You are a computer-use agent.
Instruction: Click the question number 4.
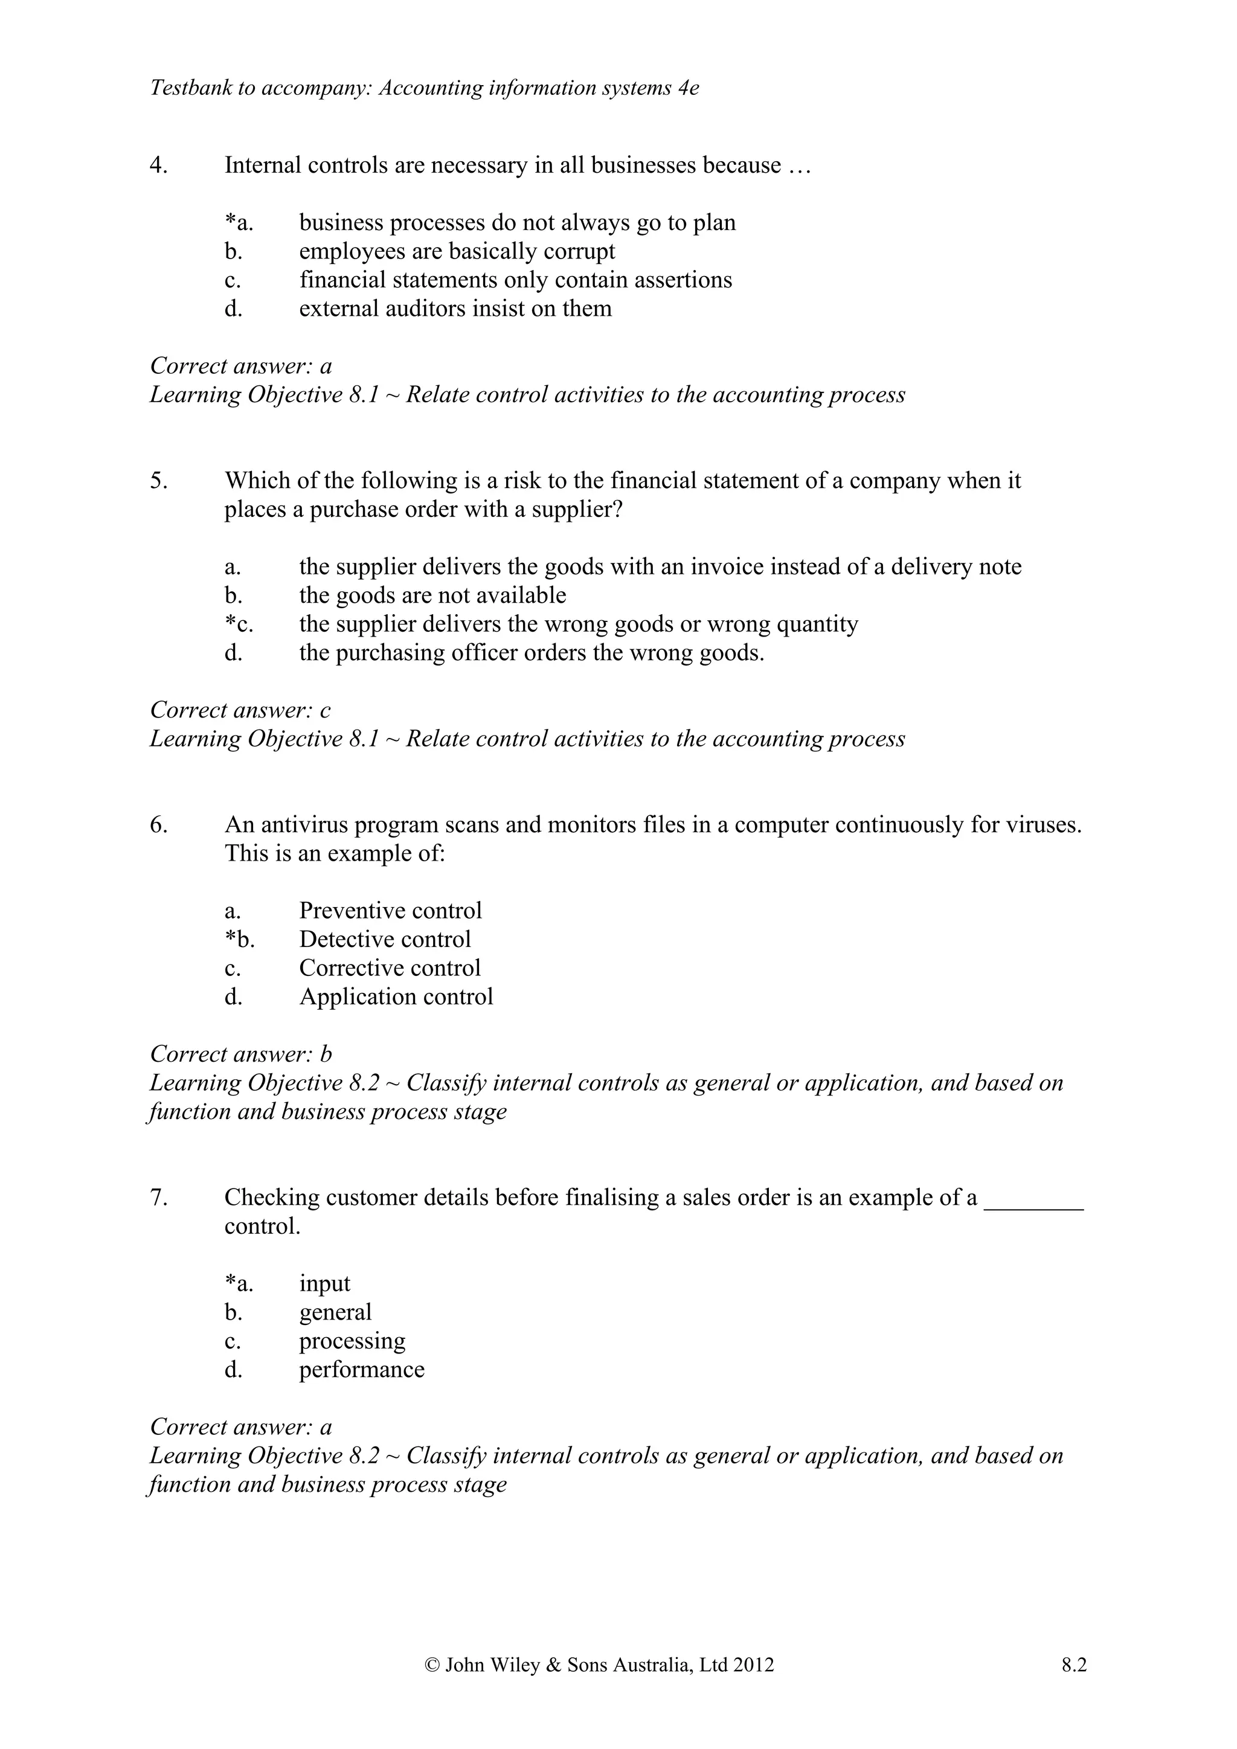click(x=158, y=165)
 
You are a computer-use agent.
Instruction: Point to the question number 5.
click(x=158, y=481)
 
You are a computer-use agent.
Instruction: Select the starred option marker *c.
click(x=239, y=624)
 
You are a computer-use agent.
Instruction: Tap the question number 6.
click(x=158, y=824)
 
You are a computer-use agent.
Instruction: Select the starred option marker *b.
click(x=239, y=939)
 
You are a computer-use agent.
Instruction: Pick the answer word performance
click(x=362, y=1370)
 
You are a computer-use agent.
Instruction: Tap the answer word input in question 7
click(x=324, y=1283)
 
